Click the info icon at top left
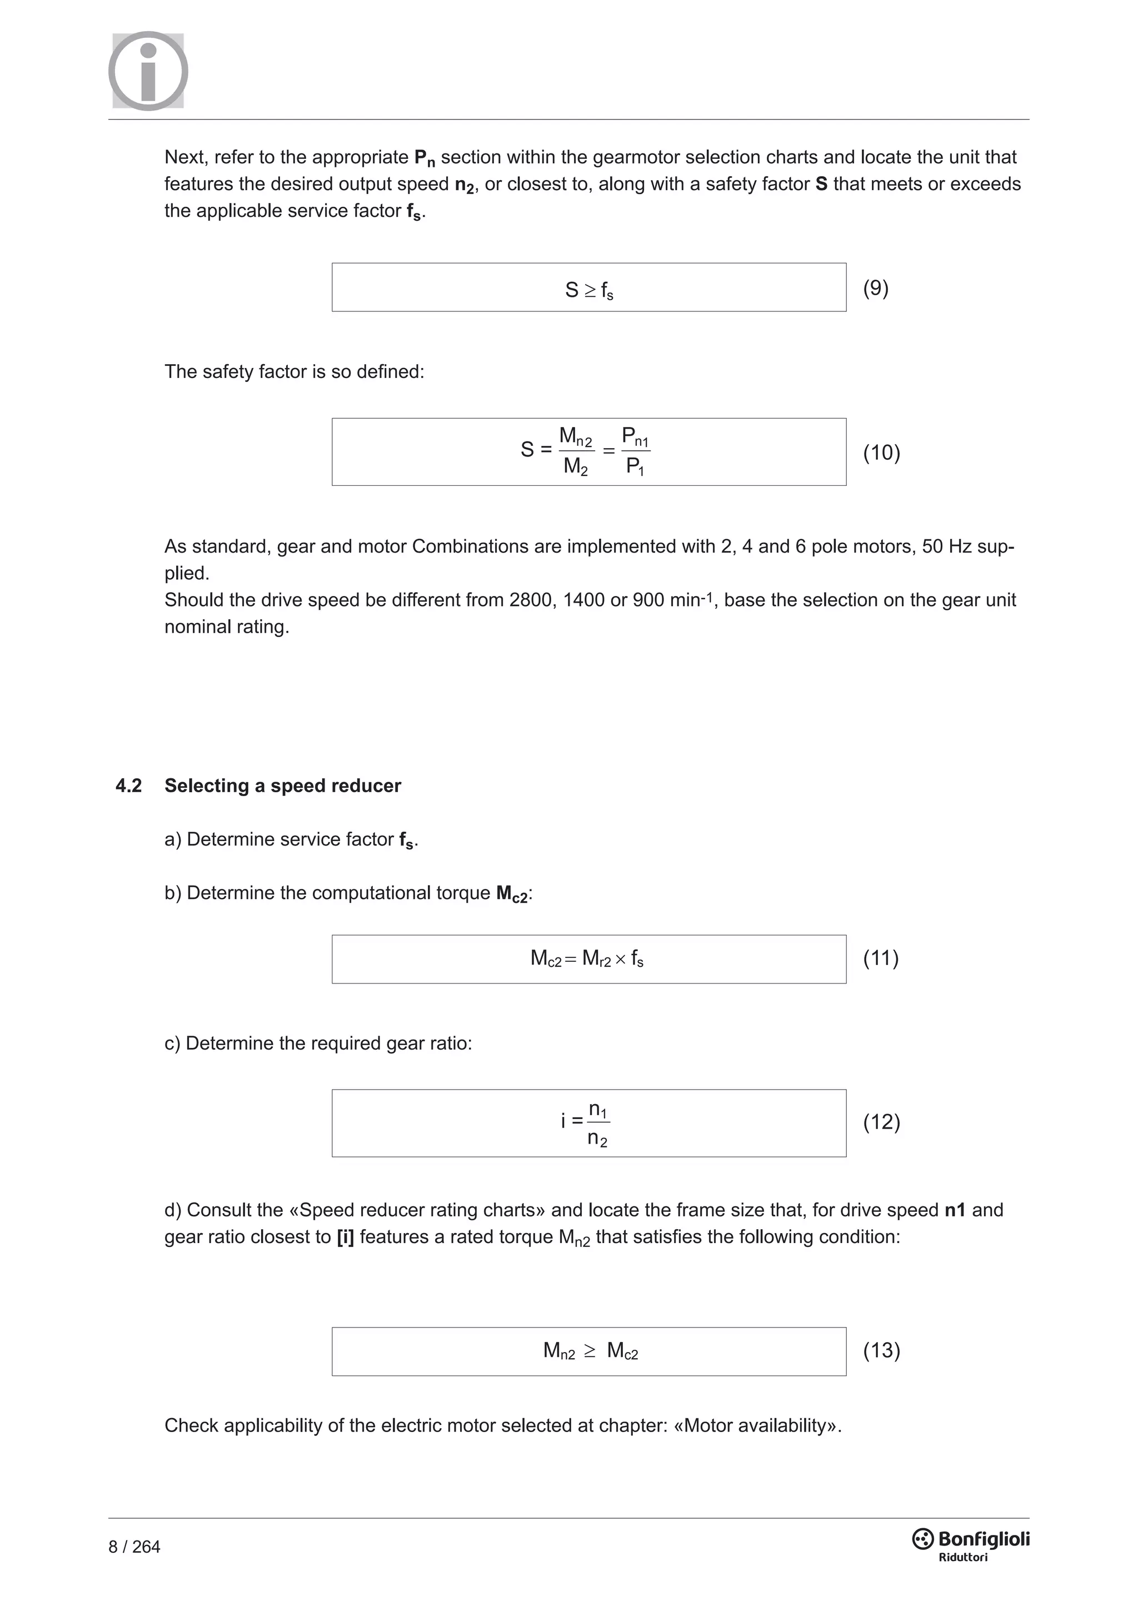pyautogui.click(x=148, y=71)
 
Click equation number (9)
pyautogui.click(x=875, y=288)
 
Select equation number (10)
pyautogui.click(x=881, y=453)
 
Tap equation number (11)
pyautogui.click(x=880, y=958)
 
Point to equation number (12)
pyautogui.click(x=881, y=1122)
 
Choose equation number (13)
pyautogui.click(x=881, y=1350)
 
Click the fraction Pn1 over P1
pyautogui.click(x=635, y=451)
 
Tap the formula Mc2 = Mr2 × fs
pyautogui.click(x=587, y=958)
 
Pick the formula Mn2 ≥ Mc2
pyautogui.click(x=590, y=1350)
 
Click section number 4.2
pyautogui.click(x=128, y=786)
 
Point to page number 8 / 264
pyautogui.click(x=134, y=1547)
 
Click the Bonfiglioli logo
pyautogui.click(x=971, y=1543)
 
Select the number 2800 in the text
pyautogui.click(x=532, y=600)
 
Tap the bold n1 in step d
pyautogui.click(x=955, y=1210)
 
